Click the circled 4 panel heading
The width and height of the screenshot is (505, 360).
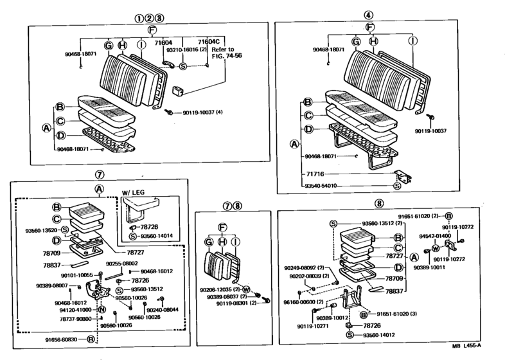pos(368,15)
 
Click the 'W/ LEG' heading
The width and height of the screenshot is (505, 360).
pos(134,192)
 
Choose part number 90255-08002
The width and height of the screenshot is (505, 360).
pos(121,263)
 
